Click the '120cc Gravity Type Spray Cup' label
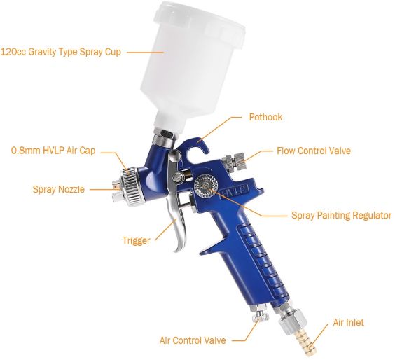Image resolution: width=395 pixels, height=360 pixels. [60, 52]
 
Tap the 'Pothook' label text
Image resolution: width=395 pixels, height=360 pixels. [265, 117]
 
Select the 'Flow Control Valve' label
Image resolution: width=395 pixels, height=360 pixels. [314, 151]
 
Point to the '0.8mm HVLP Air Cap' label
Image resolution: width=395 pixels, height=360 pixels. [53, 151]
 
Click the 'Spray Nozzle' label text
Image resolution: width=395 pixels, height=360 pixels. [58, 189]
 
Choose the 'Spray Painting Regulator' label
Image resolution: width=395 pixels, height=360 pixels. [341, 216]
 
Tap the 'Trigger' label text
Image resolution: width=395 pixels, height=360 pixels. [137, 240]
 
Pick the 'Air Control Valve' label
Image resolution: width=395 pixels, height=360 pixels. [193, 340]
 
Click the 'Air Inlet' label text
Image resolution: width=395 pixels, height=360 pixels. [348, 322]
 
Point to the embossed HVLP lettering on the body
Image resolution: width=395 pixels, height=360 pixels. [235, 191]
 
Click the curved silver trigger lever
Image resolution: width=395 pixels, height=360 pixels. [176, 202]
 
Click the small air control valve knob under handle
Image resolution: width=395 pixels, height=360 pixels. [261, 314]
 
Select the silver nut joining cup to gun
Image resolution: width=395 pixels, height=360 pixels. [165, 139]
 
